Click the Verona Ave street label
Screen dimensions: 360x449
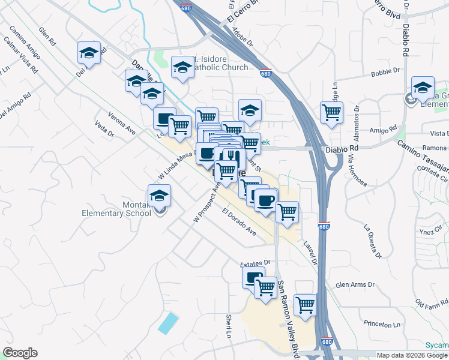coord(122,122)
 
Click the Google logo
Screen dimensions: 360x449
coord(20,353)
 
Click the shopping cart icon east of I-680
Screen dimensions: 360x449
coord(331,112)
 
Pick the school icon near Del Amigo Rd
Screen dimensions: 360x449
coord(89,53)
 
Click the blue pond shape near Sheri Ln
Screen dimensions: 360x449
coord(169,323)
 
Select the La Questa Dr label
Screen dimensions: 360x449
coord(372,241)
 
